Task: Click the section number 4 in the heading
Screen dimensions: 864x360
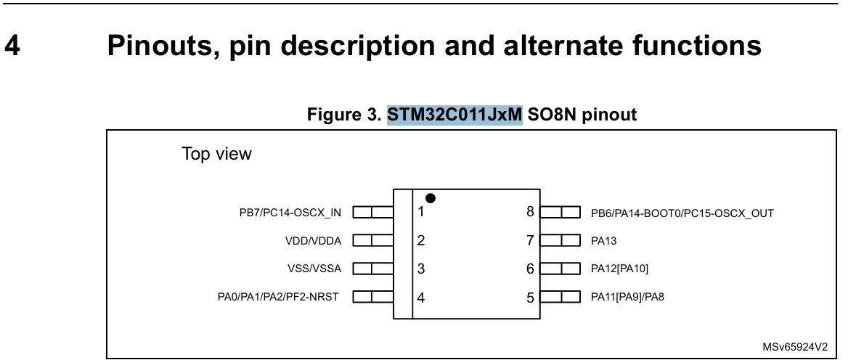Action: [12, 45]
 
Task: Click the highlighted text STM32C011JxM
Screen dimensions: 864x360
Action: [455, 115]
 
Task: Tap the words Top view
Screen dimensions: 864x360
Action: [216, 154]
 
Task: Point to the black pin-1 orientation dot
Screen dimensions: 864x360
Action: [431, 198]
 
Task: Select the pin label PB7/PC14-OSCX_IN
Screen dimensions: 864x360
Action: [290, 213]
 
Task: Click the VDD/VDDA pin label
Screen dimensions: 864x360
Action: [314, 240]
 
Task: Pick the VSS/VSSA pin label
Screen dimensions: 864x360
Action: [314, 269]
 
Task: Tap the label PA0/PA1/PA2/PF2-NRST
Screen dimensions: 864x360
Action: [278, 298]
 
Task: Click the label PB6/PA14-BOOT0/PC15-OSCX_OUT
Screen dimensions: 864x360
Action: [682, 213]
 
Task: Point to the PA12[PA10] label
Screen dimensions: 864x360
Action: [620, 269]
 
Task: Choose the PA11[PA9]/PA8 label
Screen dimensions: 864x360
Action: [627, 298]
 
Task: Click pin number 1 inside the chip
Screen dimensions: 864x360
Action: [421, 212]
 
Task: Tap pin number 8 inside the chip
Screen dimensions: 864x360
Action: [530, 212]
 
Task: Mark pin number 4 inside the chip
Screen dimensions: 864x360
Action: [421, 298]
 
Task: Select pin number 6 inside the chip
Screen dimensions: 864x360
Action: [530, 269]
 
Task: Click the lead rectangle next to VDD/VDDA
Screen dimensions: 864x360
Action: [373, 240]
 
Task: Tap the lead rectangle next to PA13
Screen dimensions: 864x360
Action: [561, 240]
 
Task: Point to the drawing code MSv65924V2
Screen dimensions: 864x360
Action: [795, 347]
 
